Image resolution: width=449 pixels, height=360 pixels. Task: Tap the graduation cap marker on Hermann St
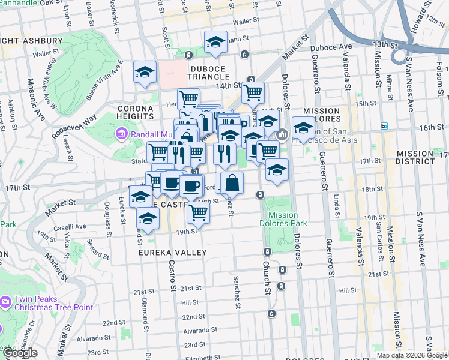(x=215, y=42)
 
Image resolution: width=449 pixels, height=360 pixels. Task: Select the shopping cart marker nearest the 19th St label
(x=198, y=211)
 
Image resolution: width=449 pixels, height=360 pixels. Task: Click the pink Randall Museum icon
(x=122, y=133)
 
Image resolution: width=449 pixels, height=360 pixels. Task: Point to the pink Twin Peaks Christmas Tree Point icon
(x=5, y=301)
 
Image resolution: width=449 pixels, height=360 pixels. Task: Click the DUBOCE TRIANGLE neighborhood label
(x=210, y=77)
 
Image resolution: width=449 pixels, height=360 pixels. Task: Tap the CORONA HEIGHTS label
(x=128, y=116)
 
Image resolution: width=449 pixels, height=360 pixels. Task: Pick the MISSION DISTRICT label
(x=423, y=158)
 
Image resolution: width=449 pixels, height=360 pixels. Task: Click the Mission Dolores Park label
(x=283, y=219)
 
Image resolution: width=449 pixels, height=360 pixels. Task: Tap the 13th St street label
(x=385, y=44)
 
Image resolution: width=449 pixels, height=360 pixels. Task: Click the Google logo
(x=20, y=353)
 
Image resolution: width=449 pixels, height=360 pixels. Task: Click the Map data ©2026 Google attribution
(x=412, y=355)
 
